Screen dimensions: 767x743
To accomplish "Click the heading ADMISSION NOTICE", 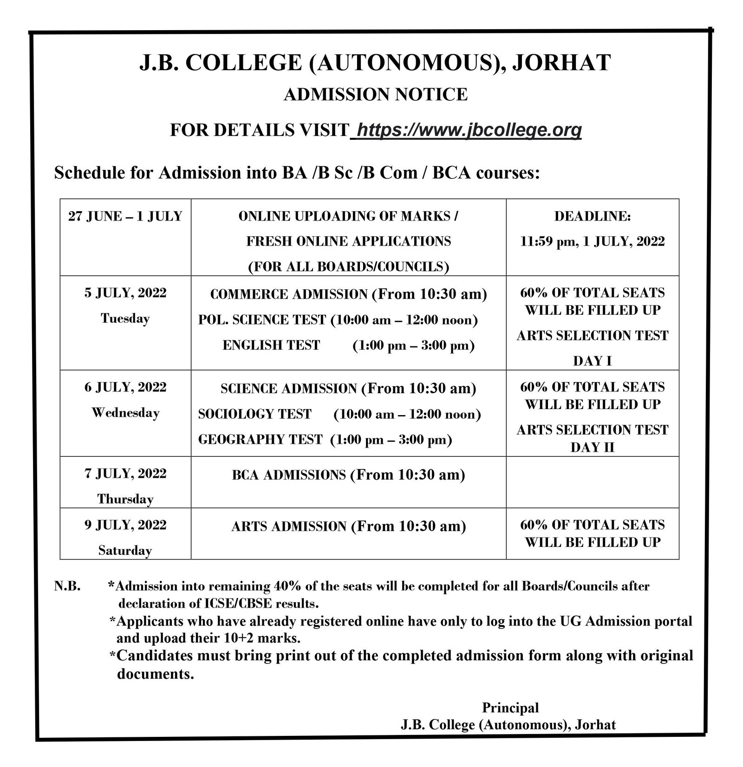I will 375,95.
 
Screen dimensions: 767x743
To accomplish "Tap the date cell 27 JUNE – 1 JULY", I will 125,217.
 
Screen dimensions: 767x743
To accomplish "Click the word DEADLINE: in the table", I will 592,217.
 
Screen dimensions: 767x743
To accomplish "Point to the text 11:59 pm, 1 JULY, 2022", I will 592,241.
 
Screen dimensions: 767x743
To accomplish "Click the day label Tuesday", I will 125,318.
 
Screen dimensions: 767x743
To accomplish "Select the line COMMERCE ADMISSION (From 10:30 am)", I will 348,294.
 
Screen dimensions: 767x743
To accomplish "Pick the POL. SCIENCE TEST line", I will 338,320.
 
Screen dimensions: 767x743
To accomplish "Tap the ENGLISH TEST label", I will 271,345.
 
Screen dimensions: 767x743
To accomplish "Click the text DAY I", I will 592,361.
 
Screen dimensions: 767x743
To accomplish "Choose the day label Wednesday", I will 125,413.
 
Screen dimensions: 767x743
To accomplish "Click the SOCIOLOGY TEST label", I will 254,414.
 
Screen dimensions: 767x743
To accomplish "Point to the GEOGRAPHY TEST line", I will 325,440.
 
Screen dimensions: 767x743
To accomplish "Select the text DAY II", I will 592,447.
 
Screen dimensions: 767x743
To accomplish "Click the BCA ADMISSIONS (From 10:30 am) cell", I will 348,475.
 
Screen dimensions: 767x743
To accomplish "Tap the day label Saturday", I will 125,551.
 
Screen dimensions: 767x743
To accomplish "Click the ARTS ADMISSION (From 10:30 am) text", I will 348,526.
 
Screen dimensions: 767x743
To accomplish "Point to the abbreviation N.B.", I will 68,586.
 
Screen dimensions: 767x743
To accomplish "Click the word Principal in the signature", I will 510,708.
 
